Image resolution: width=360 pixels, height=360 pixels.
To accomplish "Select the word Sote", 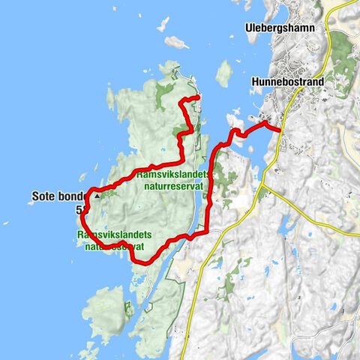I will coord(46,196).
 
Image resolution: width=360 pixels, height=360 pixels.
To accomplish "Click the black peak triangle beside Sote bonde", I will coord(96,196).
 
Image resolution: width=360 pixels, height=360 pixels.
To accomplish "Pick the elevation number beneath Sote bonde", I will coord(79,211).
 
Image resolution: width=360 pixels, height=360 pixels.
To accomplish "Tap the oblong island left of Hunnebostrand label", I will coord(223,73).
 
